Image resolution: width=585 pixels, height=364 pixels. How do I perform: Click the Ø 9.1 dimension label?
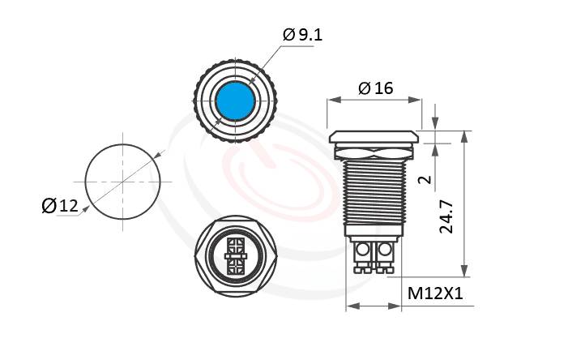[302, 35]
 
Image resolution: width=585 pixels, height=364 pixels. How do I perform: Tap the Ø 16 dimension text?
[376, 88]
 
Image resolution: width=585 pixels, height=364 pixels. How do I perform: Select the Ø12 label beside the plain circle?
[60, 206]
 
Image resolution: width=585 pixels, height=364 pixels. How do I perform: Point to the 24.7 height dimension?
[446, 216]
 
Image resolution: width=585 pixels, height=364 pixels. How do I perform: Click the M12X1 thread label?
[435, 293]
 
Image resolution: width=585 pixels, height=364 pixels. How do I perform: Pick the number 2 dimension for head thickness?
[425, 180]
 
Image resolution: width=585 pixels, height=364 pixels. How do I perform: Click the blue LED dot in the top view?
[236, 101]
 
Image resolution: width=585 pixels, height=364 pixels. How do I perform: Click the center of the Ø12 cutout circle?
[122, 182]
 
